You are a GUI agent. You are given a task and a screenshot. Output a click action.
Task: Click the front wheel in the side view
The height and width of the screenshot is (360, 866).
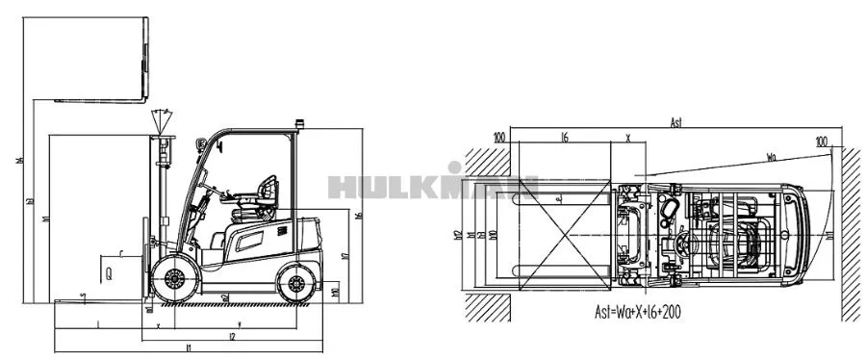(175, 280)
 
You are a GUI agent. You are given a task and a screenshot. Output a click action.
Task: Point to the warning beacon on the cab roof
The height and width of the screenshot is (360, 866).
(299, 123)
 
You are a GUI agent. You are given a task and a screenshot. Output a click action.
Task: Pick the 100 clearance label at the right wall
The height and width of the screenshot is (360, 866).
(821, 141)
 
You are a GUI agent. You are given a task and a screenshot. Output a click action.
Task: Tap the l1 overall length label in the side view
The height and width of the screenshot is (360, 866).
(189, 347)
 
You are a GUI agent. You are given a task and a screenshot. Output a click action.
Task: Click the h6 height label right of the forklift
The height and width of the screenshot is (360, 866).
(358, 216)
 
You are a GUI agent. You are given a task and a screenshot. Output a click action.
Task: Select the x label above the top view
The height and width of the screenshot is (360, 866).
(627, 138)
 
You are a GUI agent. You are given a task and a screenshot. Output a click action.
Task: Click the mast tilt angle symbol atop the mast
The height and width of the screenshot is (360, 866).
(163, 121)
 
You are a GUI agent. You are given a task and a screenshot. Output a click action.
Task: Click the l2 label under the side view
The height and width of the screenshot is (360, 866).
(232, 336)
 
